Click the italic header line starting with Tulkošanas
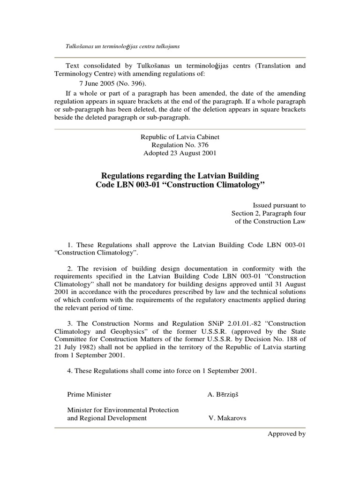[124, 46]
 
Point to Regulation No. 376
[180, 145]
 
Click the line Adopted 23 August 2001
[180, 153]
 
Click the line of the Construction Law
[270, 222]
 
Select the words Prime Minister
[89, 394]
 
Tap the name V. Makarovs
[227, 418]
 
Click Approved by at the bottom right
[286, 434]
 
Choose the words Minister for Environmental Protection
[123, 410]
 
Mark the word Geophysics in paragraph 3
[114, 332]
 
